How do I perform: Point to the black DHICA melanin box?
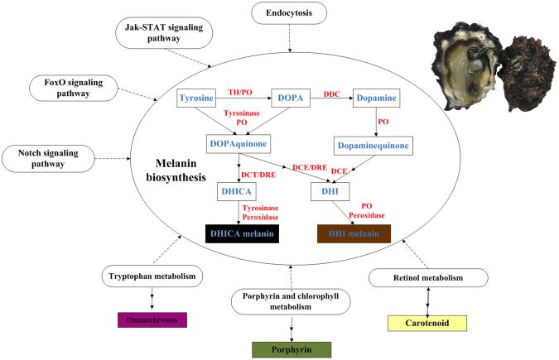click(x=241, y=234)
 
